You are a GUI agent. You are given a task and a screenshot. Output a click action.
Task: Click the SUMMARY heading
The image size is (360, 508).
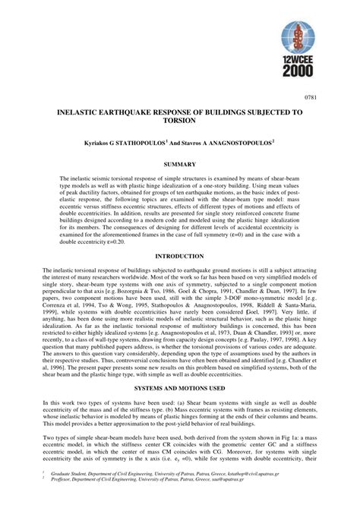click(x=180, y=164)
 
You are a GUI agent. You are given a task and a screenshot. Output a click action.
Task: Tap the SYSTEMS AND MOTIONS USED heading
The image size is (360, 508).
click(x=180, y=388)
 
